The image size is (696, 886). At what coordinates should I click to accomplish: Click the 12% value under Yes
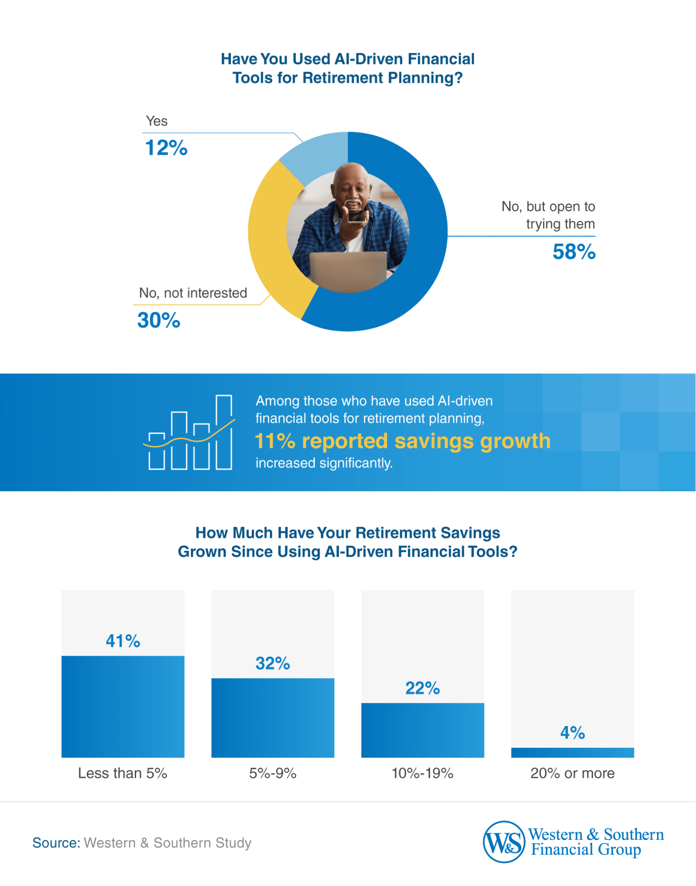(x=166, y=148)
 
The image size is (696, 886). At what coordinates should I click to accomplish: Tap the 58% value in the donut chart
(x=574, y=252)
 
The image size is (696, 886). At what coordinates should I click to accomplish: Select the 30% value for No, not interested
(x=159, y=320)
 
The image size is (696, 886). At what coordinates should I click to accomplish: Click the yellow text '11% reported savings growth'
(x=403, y=441)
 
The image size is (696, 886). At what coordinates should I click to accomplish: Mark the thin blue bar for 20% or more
(x=572, y=752)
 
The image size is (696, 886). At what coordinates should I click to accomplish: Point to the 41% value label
(x=123, y=641)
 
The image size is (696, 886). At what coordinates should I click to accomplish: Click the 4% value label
(x=572, y=733)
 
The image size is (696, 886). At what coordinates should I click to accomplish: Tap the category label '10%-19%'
(x=422, y=773)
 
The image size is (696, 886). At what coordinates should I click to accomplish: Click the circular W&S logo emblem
(x=504, y=842)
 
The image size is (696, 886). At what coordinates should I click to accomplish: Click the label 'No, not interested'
(x=193, y=293)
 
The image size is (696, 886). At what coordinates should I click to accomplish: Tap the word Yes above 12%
(x=157, y=121)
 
